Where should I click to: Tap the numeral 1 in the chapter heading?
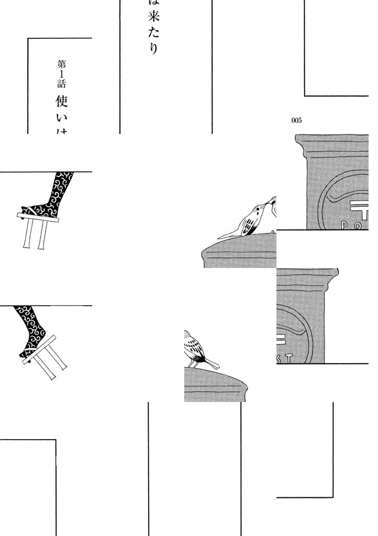[62, 75]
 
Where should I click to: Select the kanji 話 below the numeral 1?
[62, 84]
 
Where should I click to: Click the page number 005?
[296, 120]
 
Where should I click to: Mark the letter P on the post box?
[345, 226]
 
